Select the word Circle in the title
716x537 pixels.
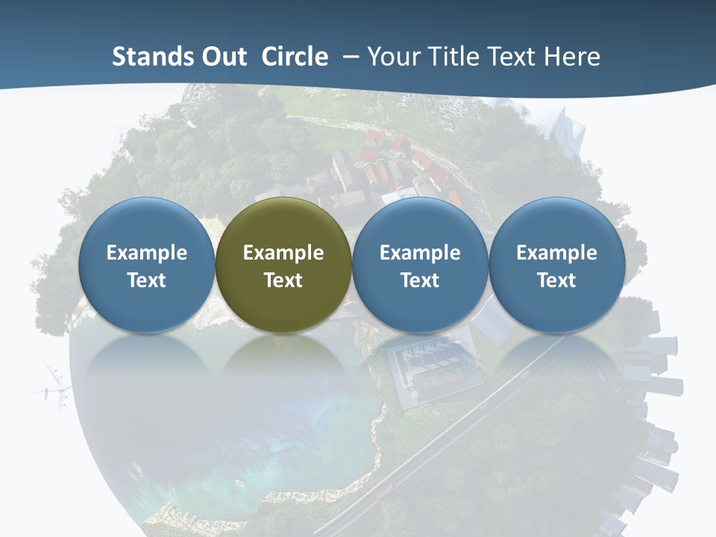(295, 57)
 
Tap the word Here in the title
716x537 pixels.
(573, 57)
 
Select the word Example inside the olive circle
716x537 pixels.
(283, 253)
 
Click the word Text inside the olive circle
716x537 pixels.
(283, 280)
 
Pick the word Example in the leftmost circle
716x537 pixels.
(147, 253)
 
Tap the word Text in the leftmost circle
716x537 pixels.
(147, 280)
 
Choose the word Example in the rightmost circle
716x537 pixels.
(557, 253)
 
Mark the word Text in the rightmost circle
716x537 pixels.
(557, 280)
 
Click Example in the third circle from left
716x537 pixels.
(420, 253)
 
